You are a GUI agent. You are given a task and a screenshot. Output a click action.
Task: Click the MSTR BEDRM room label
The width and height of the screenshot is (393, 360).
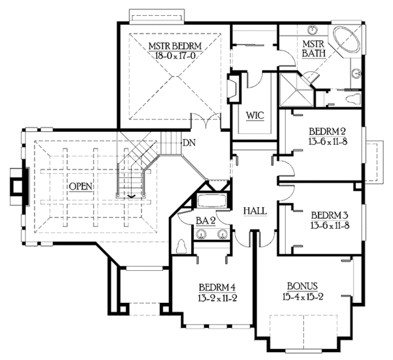pos(175,46)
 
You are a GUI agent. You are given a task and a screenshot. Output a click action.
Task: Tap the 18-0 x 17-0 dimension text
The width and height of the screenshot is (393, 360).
pos(175,56)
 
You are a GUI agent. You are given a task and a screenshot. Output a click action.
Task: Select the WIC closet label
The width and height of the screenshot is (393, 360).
pos(255,115)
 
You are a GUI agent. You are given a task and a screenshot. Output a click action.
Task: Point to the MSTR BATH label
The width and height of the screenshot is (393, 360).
pos(313,49)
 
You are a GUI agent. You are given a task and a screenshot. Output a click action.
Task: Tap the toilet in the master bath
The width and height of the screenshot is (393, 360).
pos(353,98)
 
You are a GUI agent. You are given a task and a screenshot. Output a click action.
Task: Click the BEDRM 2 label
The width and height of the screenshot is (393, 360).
pos(328,132)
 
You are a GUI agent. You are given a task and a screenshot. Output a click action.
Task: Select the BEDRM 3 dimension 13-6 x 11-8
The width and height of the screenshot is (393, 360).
pos(330,226)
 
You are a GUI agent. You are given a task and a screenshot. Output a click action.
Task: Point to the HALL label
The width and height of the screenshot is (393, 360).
pos(255,211)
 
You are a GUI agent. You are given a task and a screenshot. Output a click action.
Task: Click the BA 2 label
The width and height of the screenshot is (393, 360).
pos(206,221)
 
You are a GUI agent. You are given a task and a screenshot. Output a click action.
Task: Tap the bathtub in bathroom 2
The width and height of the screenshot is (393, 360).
pos(212,201)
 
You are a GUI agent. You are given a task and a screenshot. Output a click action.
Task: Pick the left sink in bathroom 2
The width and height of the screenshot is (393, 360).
pos(201,234)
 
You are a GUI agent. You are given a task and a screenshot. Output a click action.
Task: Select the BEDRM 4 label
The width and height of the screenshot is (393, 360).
pos(217,287)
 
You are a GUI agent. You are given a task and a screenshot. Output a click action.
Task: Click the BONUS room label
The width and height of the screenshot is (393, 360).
pos(302,287)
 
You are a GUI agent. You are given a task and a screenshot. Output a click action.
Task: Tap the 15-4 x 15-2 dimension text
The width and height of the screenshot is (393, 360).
pos(303,297)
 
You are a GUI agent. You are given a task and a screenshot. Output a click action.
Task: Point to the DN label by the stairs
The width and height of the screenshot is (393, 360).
pos(189,143)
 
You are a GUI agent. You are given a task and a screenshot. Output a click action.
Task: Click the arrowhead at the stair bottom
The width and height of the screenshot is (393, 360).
pos(131,196)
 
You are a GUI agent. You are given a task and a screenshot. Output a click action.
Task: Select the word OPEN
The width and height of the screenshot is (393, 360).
pos(81,187)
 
